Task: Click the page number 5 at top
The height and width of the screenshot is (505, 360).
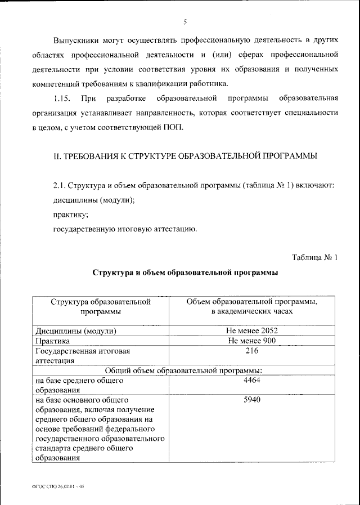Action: coord(184,22)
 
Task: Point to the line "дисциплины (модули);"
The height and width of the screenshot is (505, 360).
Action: coord(94,200)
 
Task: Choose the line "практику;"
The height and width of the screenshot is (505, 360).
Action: coord(70,214)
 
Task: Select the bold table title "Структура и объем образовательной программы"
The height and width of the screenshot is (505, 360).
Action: coord(185,272)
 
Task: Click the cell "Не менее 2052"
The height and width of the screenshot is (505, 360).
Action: coord(251,331)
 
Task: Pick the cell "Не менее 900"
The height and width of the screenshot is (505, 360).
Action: coord(251,341)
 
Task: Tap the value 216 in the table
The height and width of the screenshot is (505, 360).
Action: coord(251,351)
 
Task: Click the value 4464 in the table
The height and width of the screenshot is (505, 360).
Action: coord(251,381)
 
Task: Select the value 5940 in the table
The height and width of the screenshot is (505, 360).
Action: coord(251,400)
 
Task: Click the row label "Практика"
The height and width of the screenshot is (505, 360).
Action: coord(53,341)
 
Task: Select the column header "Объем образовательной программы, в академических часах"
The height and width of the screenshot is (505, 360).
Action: coord(251,306)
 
